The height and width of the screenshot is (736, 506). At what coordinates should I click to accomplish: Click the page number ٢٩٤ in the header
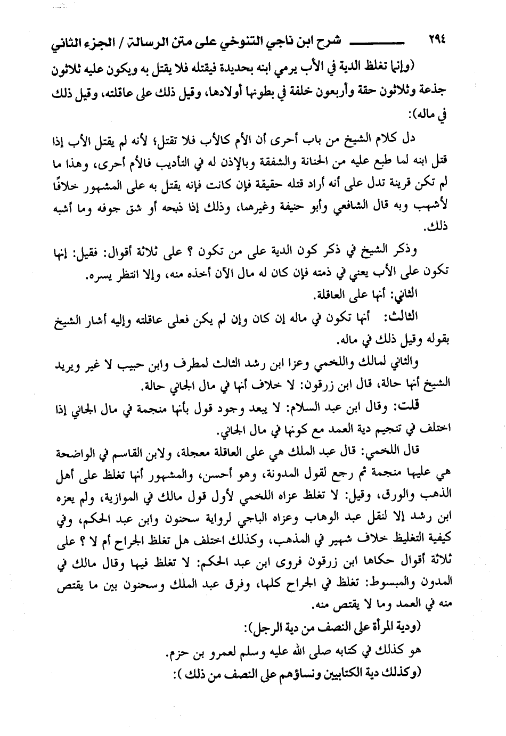tap(437, 40)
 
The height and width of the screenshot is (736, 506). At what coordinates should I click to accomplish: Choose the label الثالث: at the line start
tap(404, 316)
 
